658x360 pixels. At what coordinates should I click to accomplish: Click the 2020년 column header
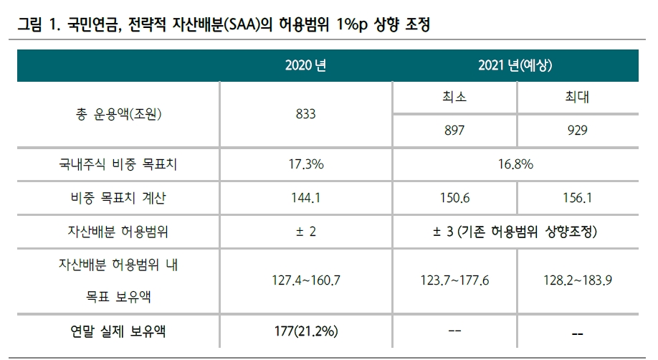point(305,66)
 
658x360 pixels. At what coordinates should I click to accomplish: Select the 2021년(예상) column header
point(515,66)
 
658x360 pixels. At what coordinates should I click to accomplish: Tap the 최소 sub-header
point(454,98)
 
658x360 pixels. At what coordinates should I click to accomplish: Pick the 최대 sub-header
point(576,98)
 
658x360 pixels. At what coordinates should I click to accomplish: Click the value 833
point(305,114)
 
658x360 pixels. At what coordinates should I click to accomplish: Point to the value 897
point(454,130)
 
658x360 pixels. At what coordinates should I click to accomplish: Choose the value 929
point(576,130)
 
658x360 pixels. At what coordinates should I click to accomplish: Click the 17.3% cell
point(305,164)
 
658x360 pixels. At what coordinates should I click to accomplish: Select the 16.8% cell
point(515,164)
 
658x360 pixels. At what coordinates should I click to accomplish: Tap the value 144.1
point(305,198)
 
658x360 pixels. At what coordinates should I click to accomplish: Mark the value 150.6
point(454,198)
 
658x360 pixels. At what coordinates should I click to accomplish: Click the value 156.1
point(576,198)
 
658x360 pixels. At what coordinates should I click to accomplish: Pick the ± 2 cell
point(305,232)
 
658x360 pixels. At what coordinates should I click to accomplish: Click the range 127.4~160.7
point(305,280)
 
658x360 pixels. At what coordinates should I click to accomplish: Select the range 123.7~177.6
point(454,280)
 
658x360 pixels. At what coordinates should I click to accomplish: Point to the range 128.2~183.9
point(576,280)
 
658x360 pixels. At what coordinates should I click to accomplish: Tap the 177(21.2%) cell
point(305,331)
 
